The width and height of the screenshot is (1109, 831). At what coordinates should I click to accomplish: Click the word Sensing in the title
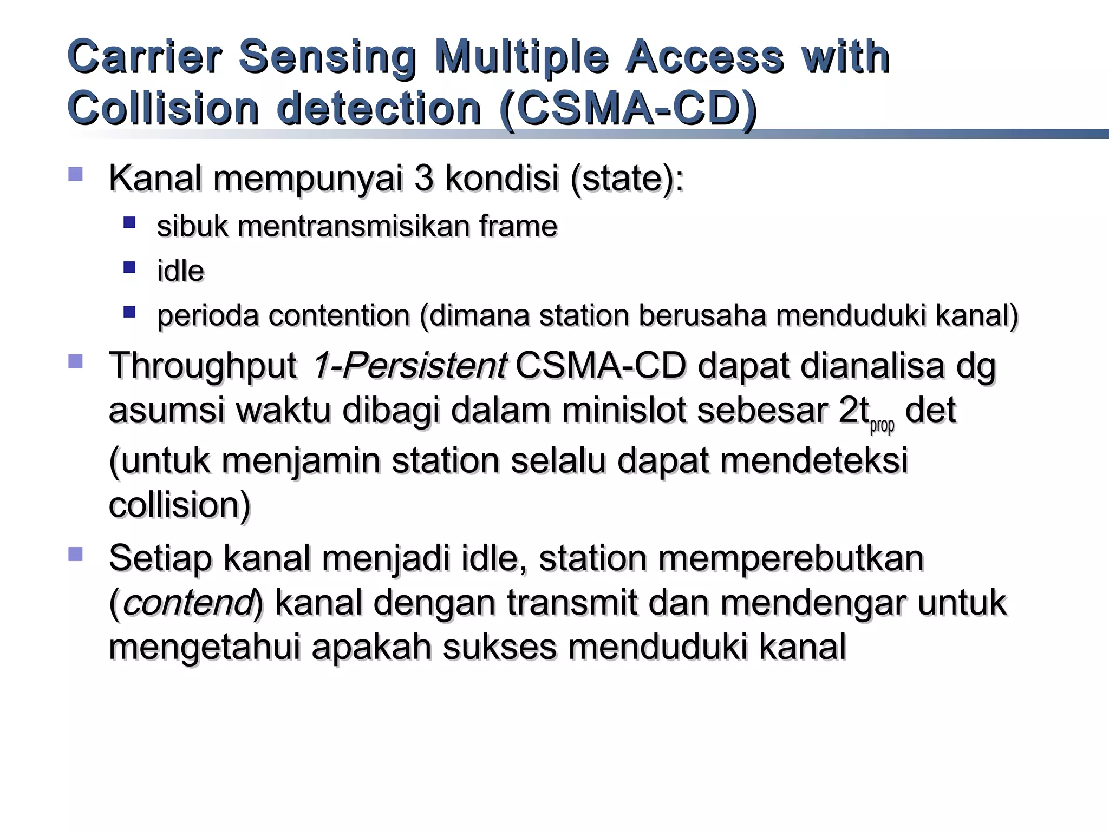(x=327, y=57)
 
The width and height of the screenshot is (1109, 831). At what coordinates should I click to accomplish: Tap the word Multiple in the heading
(x=521, y=57)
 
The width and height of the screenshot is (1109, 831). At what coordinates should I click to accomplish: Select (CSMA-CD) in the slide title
(x=628, y=108)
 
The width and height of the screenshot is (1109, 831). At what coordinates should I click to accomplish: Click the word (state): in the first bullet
(x=627, y=179)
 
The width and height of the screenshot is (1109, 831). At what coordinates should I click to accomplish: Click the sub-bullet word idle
(x=180, y=271)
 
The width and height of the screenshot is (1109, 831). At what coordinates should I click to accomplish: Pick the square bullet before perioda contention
(x=129, y=312)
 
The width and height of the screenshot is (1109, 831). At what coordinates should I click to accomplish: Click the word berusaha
(x=702, y=315)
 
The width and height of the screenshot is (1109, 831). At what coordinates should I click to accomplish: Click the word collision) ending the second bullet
(x=180, y=505)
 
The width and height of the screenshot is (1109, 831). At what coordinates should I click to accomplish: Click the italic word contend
(x=187, y=603)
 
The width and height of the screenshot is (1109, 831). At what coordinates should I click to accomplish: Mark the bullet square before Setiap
(x=75, y=553)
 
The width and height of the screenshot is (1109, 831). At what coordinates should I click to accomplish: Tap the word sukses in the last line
(x=499, y=647)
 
